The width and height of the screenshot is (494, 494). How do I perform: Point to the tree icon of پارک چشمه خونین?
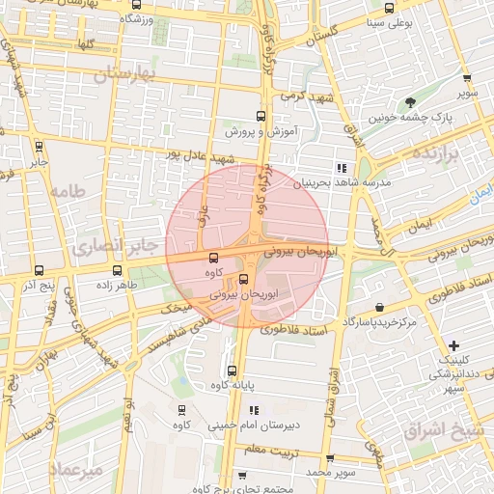click(x=411, y=101)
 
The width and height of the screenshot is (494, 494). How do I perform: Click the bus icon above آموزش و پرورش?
click(x=260, y=116)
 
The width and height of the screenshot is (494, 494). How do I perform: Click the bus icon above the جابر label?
click(x=40, y=147)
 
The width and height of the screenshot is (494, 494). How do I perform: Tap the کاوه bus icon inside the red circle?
click(x=213, y=258)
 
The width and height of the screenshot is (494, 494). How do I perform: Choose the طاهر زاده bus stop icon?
click(x=118, y=270)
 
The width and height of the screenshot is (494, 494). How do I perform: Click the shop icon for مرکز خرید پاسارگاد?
click(x=380, y=307)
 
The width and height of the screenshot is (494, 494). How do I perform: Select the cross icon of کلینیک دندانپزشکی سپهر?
click(x=454, y=344)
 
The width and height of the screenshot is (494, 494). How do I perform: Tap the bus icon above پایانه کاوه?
click(x=232, y=370)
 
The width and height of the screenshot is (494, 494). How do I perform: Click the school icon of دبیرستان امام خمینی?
click(x=255, y=410)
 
